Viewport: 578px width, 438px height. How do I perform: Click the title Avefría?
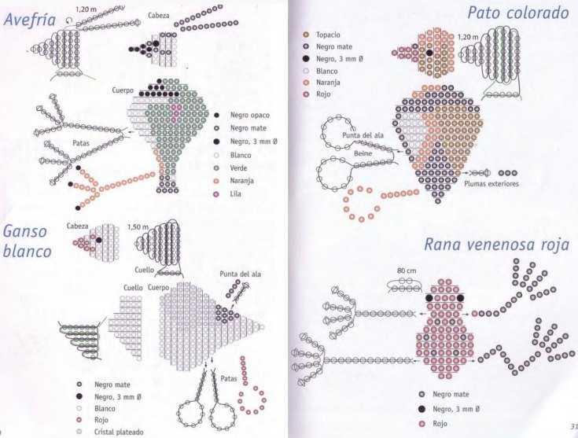pos(30,20)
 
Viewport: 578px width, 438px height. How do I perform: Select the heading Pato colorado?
pos(518,13)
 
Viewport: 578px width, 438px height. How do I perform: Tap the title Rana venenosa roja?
pos(496,245)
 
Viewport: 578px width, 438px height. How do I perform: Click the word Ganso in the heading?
pos(24,232)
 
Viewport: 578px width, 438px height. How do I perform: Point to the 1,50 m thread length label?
pos(138,226)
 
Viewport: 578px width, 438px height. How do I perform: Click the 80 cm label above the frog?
pos(407,271)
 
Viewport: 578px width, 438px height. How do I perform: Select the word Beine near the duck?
pos(363,153)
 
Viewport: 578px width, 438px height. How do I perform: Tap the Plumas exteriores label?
pos(491,183)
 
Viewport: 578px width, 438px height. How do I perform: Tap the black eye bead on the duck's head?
pos(429,53)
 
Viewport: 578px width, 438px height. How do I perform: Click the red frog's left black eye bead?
pos(429,298)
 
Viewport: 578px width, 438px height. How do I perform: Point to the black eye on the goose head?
pos(99,240)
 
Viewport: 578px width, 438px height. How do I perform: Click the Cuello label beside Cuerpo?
pos(133,287)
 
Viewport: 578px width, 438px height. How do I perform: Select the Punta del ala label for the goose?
pos(241,274)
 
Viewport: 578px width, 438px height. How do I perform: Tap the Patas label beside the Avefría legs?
pos(81,142)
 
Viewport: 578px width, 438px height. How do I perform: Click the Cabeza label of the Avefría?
pos(159,16)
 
